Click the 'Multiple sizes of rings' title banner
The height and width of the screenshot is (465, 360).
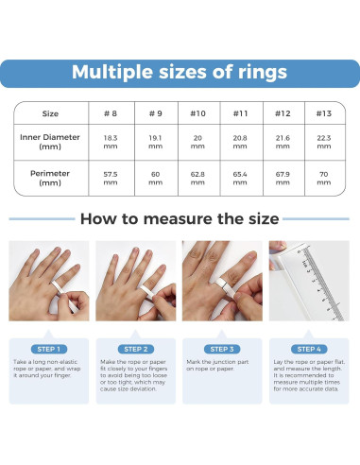(180, 73)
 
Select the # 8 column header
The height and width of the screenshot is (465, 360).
(110, 113)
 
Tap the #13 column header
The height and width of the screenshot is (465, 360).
(323, 113)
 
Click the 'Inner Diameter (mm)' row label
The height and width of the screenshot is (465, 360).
(50, 142)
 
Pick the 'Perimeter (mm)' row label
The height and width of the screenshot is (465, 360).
(50, 179)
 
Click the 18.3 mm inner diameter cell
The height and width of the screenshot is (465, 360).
(110, 143)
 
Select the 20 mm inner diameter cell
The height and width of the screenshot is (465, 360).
(197, 143)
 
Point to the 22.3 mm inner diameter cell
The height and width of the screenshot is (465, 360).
(323, 143)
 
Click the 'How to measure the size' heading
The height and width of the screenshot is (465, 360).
(180, 219)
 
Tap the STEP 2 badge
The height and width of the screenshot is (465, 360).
(136, 349)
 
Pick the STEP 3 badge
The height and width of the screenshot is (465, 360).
(223, 349)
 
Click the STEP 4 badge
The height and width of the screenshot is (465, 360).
(309, 349)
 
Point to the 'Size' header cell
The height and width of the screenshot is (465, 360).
(50, 113)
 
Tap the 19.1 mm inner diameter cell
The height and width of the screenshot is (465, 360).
(154, 143)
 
